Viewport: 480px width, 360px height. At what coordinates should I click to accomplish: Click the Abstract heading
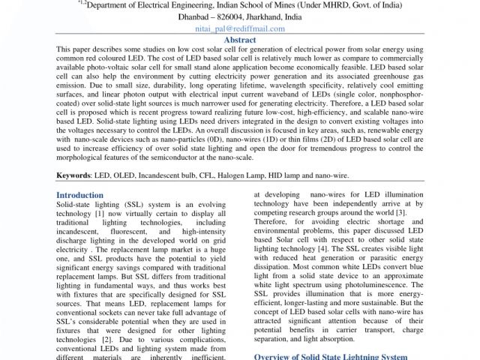(x=240, y=40)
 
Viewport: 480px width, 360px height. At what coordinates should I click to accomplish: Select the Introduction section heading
(x=80, y=195)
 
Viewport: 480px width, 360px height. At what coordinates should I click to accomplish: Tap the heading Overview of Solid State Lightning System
(x=331, y=355)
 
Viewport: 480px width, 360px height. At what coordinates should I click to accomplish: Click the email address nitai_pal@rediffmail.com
(x=240, y=28)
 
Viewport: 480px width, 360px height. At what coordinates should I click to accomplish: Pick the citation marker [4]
(x=322, y=248)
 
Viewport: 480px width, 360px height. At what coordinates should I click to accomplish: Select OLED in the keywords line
(x=124, y=175)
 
